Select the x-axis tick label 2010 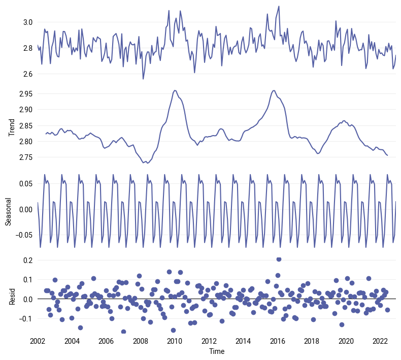[175, 340]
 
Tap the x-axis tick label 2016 [277, 340]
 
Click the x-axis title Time [217, 351]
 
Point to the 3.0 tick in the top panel [27, 22]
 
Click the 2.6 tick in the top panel [27, 74]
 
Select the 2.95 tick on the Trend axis [25, 94]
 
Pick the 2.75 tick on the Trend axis [25, 157]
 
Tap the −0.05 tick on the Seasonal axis [24, 235]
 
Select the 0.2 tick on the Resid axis [27, 260]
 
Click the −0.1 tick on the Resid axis [25, 318]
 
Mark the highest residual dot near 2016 [279, 259]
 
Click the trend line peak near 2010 [175, 90]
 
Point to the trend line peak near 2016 [274, 90]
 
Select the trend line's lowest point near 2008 [146, 163]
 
